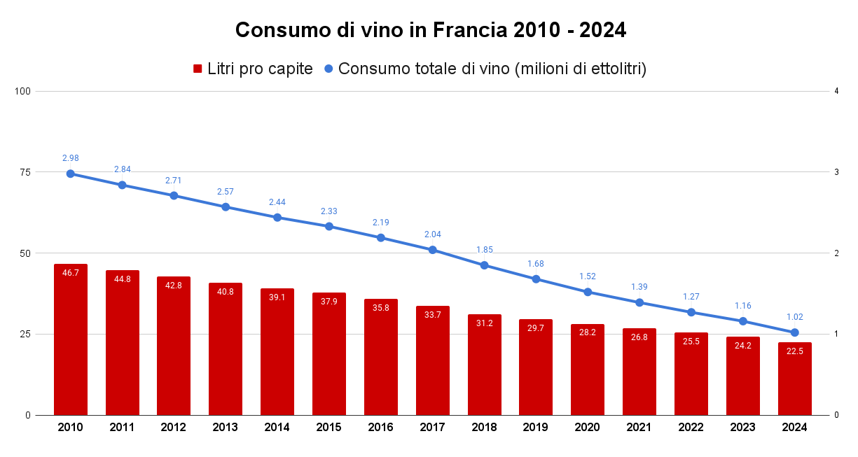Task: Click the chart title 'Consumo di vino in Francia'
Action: (430, 30)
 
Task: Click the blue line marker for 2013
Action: (226, 207)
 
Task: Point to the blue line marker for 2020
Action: (588, 292)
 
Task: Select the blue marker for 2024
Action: (794, 332)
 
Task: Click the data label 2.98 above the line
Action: (70, 158)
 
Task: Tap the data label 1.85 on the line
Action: (485, 250)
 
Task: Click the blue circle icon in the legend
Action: (328, 69)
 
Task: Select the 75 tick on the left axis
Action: (25, 172)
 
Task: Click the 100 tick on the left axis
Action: (22, 91)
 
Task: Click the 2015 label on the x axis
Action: (329, 428)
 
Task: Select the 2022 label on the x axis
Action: (691, 428)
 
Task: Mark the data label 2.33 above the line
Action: (329, 211)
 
